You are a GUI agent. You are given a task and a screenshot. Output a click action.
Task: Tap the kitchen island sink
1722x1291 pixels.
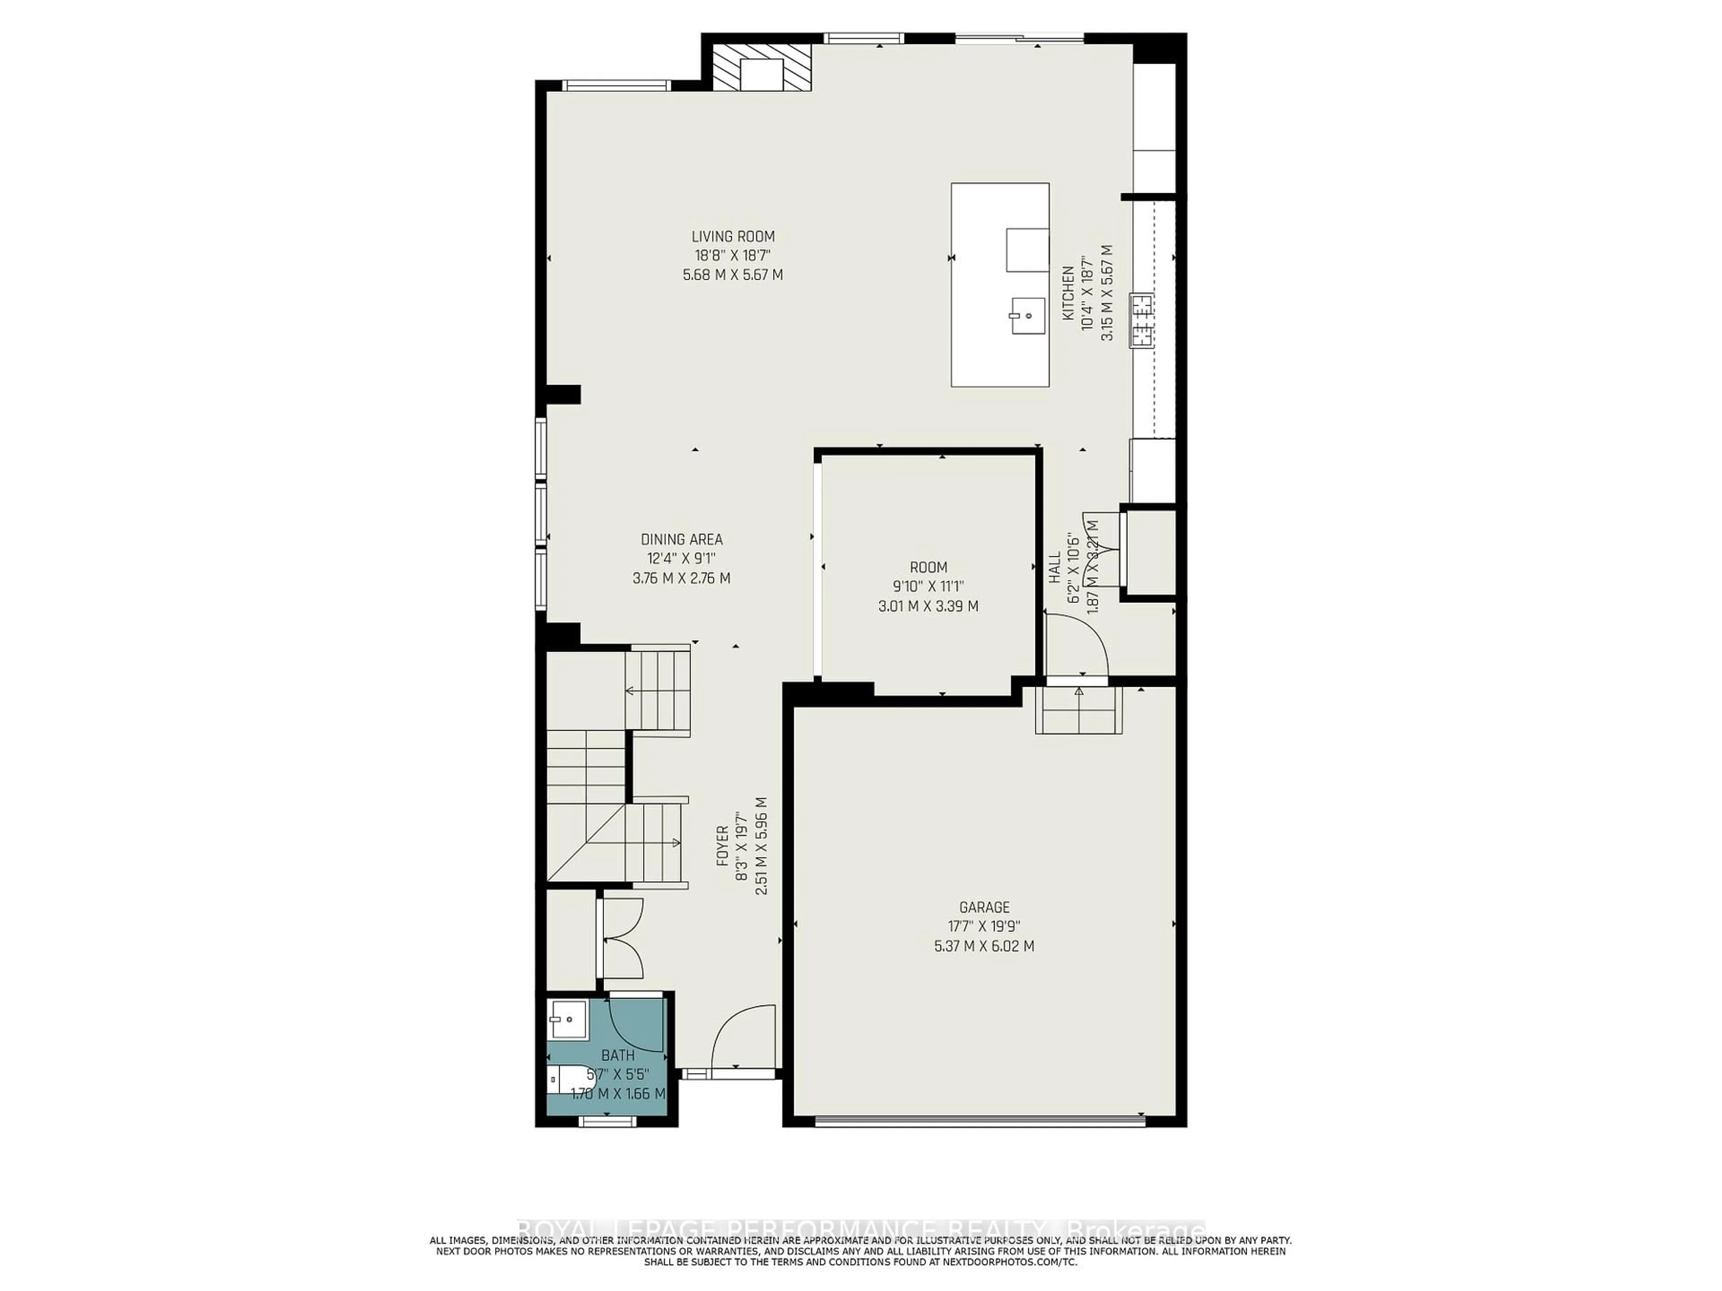pos(1028,315)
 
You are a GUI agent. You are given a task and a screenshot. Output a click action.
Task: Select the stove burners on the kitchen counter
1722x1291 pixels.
pos(1142,320)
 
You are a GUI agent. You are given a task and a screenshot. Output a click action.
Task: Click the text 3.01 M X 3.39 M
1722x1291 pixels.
pos(928,606)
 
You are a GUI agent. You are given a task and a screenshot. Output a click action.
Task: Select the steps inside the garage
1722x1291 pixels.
pos(1078,710)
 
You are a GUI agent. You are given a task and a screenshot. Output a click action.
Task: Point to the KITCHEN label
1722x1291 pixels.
pos(1068,293)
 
